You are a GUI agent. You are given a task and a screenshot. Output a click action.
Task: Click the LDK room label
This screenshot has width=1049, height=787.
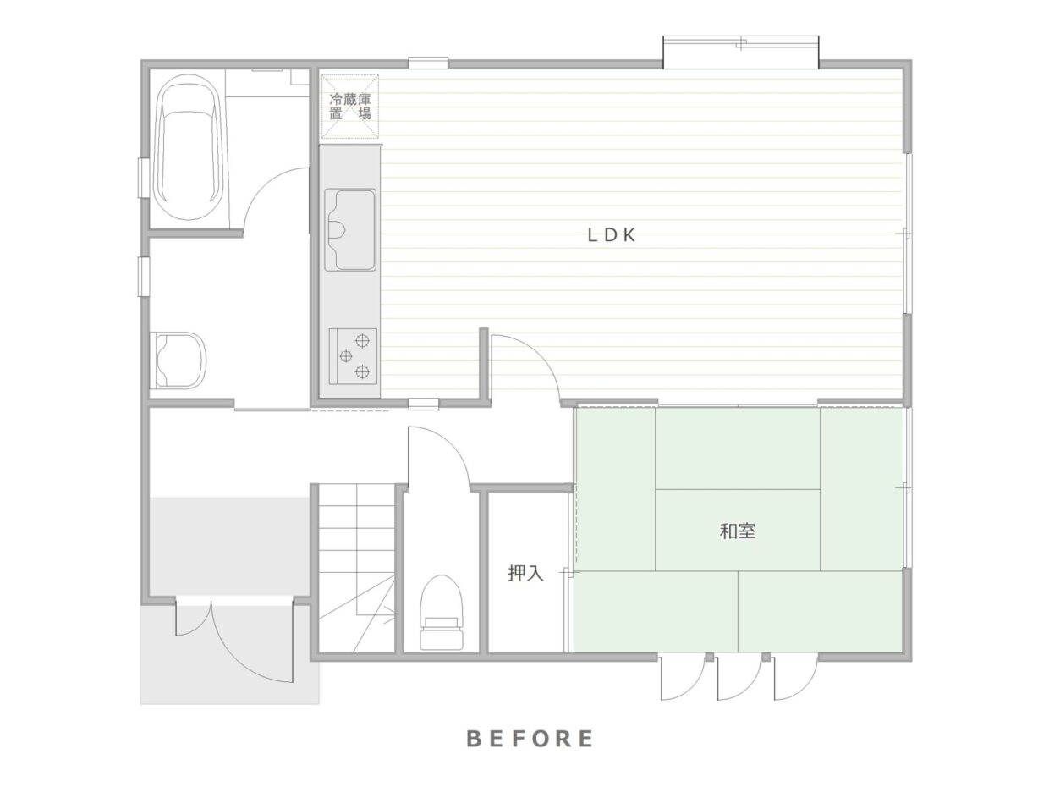612,235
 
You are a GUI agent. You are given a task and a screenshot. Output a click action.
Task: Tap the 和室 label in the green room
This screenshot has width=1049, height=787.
738,531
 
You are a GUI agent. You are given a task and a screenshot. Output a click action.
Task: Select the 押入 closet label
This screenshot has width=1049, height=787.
525,573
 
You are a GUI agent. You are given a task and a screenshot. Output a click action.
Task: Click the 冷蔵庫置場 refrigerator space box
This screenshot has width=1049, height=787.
350,107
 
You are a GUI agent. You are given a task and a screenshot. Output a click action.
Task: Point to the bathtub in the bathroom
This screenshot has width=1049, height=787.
190,147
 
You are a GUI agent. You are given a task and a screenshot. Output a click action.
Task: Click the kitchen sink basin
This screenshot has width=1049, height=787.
350,230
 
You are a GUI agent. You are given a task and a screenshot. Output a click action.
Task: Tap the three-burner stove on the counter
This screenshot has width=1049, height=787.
353,356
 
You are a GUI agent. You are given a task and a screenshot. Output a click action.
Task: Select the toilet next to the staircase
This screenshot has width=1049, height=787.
442,613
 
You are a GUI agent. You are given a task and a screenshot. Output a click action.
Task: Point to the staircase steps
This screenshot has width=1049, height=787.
356,568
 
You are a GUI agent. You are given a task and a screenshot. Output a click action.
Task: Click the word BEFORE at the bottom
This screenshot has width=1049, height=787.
530,738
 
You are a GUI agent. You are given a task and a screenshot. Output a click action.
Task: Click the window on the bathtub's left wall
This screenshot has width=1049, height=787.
142,177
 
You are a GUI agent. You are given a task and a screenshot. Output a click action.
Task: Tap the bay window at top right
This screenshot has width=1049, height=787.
741,52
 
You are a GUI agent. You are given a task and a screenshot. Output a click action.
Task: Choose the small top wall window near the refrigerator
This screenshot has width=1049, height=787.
428,63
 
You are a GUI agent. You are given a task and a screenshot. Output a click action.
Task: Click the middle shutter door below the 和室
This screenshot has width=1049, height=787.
739,679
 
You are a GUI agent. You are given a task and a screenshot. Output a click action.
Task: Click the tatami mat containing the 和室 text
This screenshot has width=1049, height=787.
738,530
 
